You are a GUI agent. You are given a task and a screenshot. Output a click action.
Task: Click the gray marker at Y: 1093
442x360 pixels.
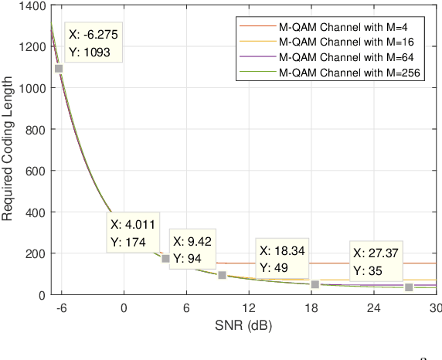tap(59, 69)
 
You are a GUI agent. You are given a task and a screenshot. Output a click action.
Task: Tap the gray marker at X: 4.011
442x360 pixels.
tap(165, 258)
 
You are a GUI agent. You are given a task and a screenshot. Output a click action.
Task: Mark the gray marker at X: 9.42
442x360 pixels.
tap(222, 275)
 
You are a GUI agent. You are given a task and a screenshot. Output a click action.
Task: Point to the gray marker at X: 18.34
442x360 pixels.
tap(315, 284)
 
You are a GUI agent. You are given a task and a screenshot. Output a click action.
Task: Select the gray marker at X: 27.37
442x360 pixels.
tap(410, 287)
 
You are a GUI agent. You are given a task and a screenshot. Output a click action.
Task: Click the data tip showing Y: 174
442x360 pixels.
tap(134, 233)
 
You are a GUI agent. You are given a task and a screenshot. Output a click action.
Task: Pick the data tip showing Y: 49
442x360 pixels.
tap(282, 259)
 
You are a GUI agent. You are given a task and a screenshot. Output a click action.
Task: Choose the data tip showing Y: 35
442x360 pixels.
tap(376, 262)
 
